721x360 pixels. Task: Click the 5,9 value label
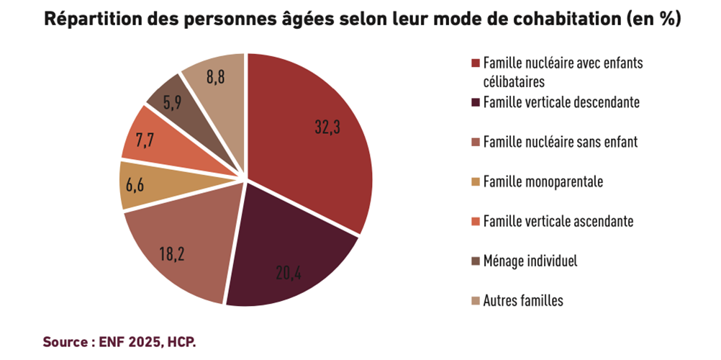172,103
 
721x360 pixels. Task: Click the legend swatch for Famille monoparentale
474,181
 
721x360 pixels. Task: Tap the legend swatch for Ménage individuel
474,261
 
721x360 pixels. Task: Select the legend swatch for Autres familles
474,300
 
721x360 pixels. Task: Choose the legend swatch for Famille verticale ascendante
474,221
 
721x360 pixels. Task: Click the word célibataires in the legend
514,81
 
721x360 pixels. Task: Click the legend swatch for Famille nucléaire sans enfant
474,142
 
